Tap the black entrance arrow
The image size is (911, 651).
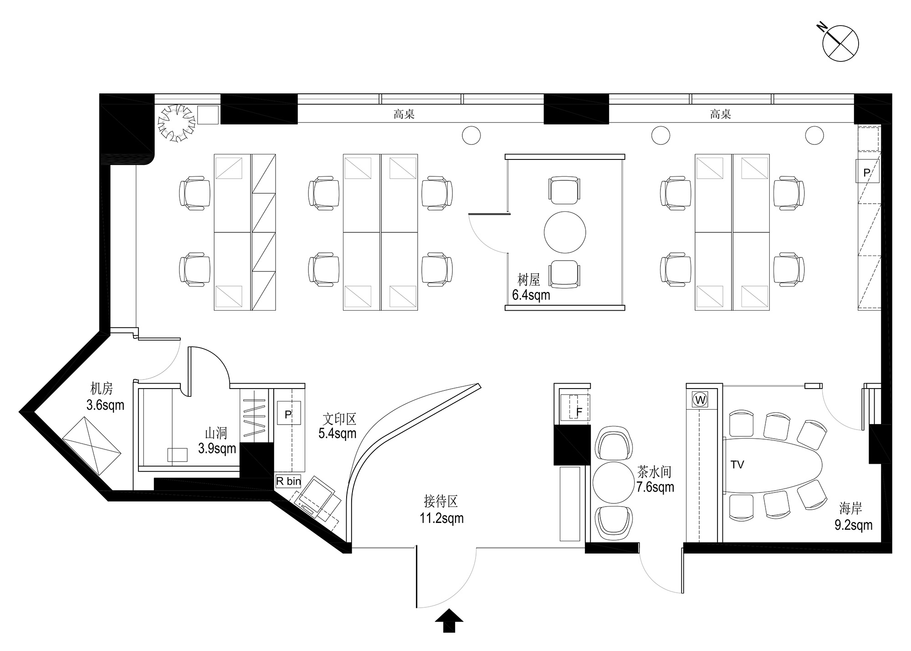449,620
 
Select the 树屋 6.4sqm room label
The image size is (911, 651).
531,287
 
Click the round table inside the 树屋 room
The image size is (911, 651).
565,232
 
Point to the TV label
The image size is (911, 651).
737,465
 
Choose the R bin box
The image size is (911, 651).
288,481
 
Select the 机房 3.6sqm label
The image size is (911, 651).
105,397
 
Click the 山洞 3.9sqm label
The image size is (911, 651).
217,441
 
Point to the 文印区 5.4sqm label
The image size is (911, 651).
338,425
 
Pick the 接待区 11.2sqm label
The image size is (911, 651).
441,510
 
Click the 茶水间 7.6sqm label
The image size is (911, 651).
655,479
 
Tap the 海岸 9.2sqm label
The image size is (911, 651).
853,516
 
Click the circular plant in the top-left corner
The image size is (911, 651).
177,123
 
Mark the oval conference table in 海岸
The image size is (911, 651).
773,465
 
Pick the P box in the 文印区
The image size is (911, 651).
288,414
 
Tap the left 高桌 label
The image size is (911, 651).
404,114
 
